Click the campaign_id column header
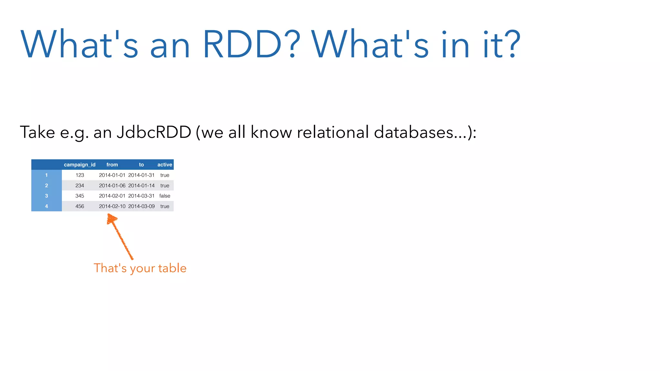click(80, 165)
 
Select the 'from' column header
click(112, 165)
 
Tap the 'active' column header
click(165, 165)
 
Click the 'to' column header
click(141, 165)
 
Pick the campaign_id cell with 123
click(80, 175)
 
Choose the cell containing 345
click(80, 196)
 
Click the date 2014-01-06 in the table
click(112, 185)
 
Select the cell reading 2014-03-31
click(141, 196)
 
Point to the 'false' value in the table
click(165, 196)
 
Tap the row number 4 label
click(46, 206)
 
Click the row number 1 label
click(46, 175)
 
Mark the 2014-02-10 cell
click(112, 206)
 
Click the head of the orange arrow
click(111, 219)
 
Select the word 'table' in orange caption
click(172, 268)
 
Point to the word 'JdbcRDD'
click(154, 132)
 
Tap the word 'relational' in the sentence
click(333, 132)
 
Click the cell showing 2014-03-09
click(141, 206)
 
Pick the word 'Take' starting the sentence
click(37, 132)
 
